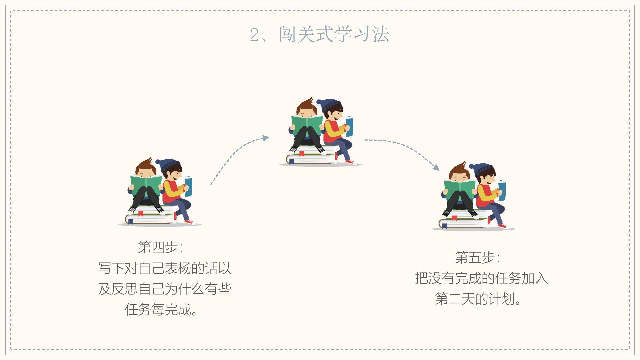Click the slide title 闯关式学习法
tap(334, 34)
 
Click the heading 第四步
tap(158, 247)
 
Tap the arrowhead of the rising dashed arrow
tap(266, 138)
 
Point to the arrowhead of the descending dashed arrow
tap(436, 167)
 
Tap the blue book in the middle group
tap(349, 126)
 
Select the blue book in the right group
tap(502, 190)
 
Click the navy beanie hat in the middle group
tap(328, 105)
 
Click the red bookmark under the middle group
tap(302, 154)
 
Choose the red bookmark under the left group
tap(141, 214)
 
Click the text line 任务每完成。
tap(161, 310)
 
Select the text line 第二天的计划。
tap(478, 299)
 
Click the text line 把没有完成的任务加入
tap(481, 278)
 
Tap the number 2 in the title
tap(255, 35)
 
